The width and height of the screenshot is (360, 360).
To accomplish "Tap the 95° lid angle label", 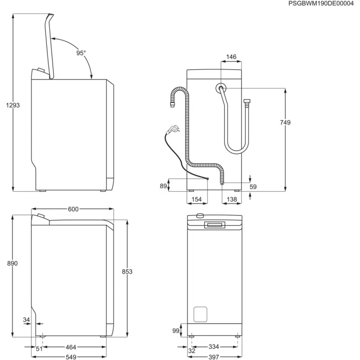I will [x=81, y=53].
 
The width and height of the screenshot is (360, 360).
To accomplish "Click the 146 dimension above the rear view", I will [x=231, y=57].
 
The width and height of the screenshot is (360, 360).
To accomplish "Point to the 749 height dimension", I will [x=284, y=122].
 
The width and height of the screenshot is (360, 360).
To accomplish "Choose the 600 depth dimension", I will [x=73, y=209].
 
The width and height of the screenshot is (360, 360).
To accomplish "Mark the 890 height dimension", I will [x=12, y=264].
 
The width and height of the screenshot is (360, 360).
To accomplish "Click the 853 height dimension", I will [x=127, y=271].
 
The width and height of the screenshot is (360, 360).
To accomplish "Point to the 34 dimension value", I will [x=26, y=319].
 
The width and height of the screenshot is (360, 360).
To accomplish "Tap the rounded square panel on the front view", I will [x=200, y=314].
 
